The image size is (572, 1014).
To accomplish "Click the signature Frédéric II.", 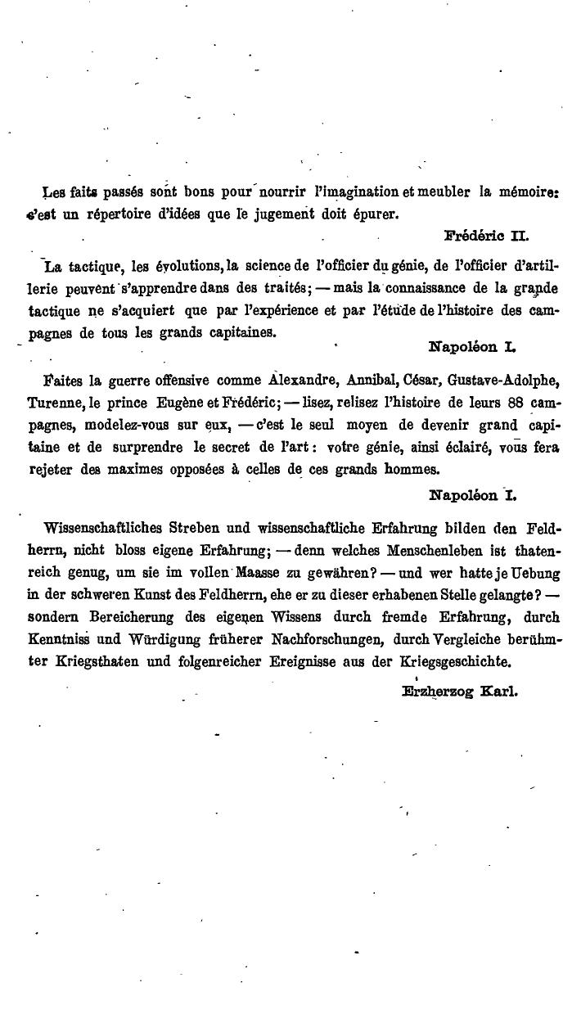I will point(486,237).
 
